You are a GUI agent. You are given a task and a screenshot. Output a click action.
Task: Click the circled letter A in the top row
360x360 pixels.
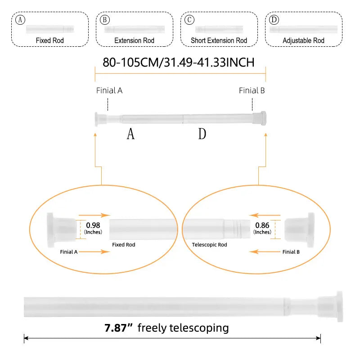pos(20,20)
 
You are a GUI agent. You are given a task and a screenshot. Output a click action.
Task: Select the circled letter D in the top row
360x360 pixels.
pos(274,20)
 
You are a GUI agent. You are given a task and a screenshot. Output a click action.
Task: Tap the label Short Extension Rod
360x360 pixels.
pos(219,40)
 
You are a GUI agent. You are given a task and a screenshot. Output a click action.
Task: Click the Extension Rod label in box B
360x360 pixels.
pos(134,40)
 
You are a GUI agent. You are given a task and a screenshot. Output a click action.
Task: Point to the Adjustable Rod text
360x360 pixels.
pos(303,40)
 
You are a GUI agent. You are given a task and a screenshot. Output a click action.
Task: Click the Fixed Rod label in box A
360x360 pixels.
pos(50,40)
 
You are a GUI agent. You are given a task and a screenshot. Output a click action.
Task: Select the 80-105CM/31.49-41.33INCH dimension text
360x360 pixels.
pos(179,63)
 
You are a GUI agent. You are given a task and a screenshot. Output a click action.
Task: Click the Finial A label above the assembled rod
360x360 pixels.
pos(109,90)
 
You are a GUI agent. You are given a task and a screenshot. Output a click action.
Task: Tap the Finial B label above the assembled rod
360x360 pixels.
pos(252,90)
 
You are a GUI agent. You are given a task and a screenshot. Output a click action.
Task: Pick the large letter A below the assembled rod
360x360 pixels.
pos(130,134)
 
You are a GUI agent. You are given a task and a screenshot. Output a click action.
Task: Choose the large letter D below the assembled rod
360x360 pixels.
pos(202,134)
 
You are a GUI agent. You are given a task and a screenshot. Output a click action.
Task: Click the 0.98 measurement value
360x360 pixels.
pos(93,225)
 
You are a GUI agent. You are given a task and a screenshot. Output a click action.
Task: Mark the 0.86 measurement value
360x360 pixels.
pos(262,225)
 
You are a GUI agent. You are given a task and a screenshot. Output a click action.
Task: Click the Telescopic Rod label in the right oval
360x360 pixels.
pos(209,245)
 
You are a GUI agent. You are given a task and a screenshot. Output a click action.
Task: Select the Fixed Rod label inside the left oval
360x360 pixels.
pos(123,245)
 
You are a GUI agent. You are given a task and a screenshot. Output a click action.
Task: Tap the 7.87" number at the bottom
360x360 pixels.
pos(118,328)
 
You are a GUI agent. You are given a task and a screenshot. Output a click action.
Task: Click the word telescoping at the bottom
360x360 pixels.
pos(199,328)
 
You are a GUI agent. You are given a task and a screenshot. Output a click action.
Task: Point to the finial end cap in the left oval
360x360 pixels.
pos(62,230)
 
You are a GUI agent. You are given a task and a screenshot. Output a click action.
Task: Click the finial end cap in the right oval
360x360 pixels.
pos(299,230)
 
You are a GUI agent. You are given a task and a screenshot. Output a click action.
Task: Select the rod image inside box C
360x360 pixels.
pos(219,29)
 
